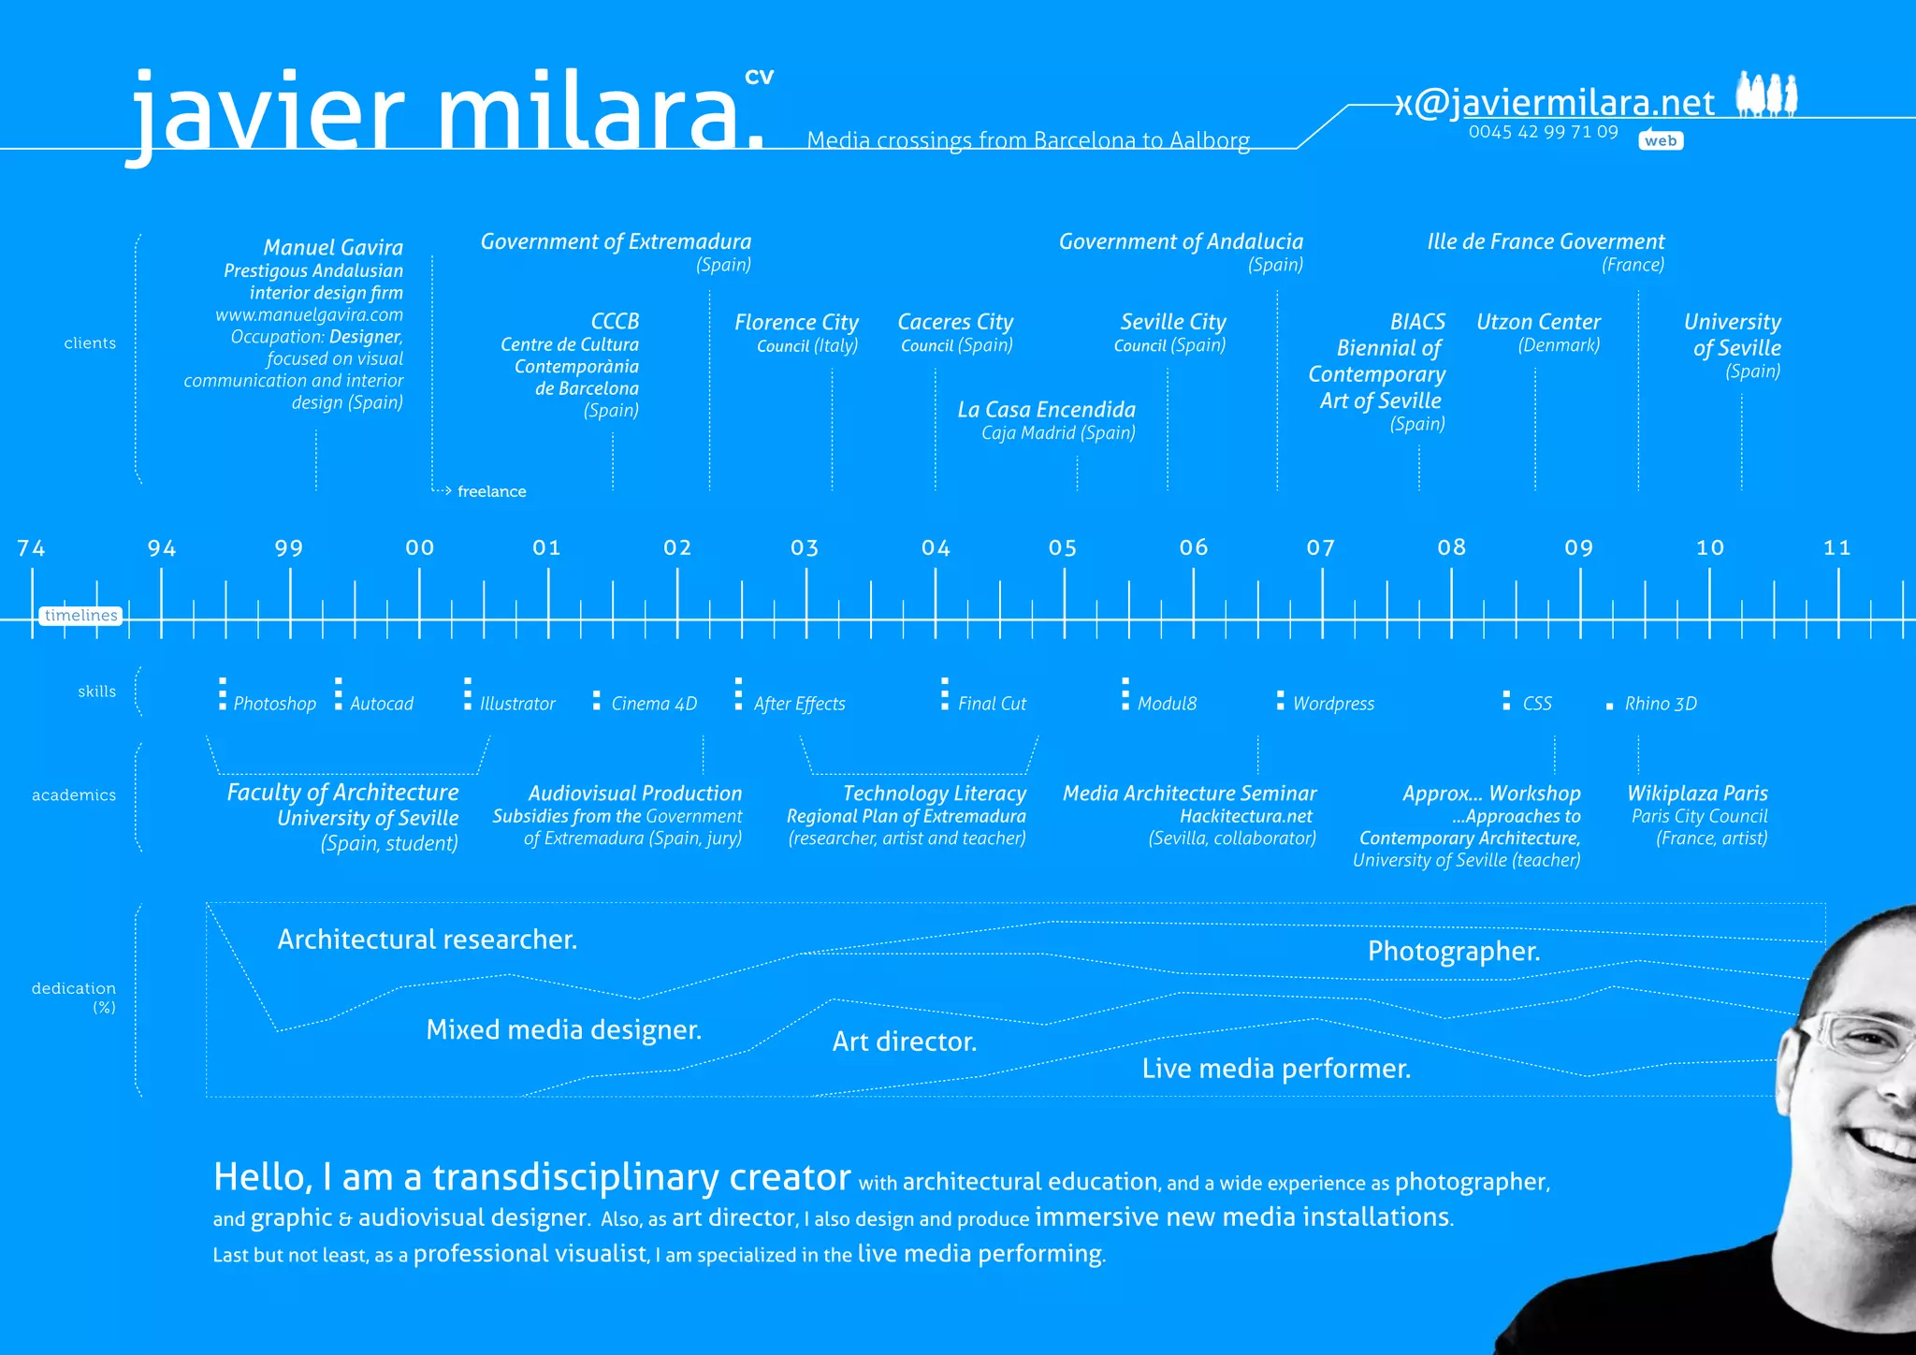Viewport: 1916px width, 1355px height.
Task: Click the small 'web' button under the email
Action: coord(1661,140)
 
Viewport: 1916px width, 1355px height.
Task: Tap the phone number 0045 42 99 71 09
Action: coord(1543,132)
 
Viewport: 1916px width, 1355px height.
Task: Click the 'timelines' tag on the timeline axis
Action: coord(80,615)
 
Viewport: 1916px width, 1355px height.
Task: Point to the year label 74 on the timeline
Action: coord(31,548)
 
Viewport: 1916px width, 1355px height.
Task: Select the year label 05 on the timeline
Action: coord(1063,548)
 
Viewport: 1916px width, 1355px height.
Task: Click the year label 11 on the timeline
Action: coord(1837,548)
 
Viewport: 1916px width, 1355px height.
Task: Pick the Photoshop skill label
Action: coord(274,704)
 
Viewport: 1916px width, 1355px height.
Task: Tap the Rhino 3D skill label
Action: coord(1660,704)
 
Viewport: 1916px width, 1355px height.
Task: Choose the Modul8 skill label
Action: coord(1167,704)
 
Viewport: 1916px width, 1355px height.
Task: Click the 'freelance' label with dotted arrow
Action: coord(491,491)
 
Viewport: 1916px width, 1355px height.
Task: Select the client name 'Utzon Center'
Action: coord(1538,322)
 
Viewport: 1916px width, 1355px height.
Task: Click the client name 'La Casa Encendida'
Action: coord(1046,410)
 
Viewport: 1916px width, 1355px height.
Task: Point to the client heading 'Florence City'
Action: coord(796,323)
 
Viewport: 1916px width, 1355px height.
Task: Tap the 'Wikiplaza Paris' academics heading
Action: coord(1697,794)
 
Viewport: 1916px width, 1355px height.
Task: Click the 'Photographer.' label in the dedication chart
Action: coord(1453,952)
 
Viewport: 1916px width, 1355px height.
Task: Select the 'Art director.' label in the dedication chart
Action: coord(905,1042)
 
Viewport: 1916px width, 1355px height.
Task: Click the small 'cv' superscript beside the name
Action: coord(759,77)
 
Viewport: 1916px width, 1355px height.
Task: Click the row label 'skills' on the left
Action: coord(97,692)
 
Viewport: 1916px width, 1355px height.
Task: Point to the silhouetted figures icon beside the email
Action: coord(1766,95)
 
